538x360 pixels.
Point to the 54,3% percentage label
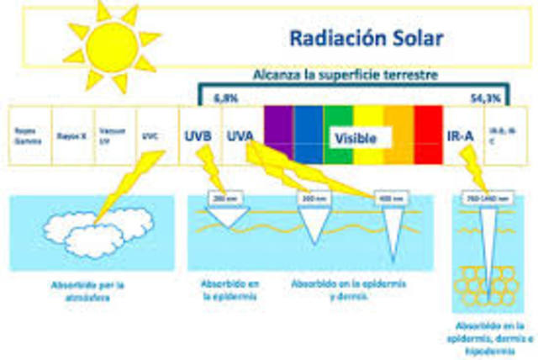point(481,97)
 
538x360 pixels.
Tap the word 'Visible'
point(354,136)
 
